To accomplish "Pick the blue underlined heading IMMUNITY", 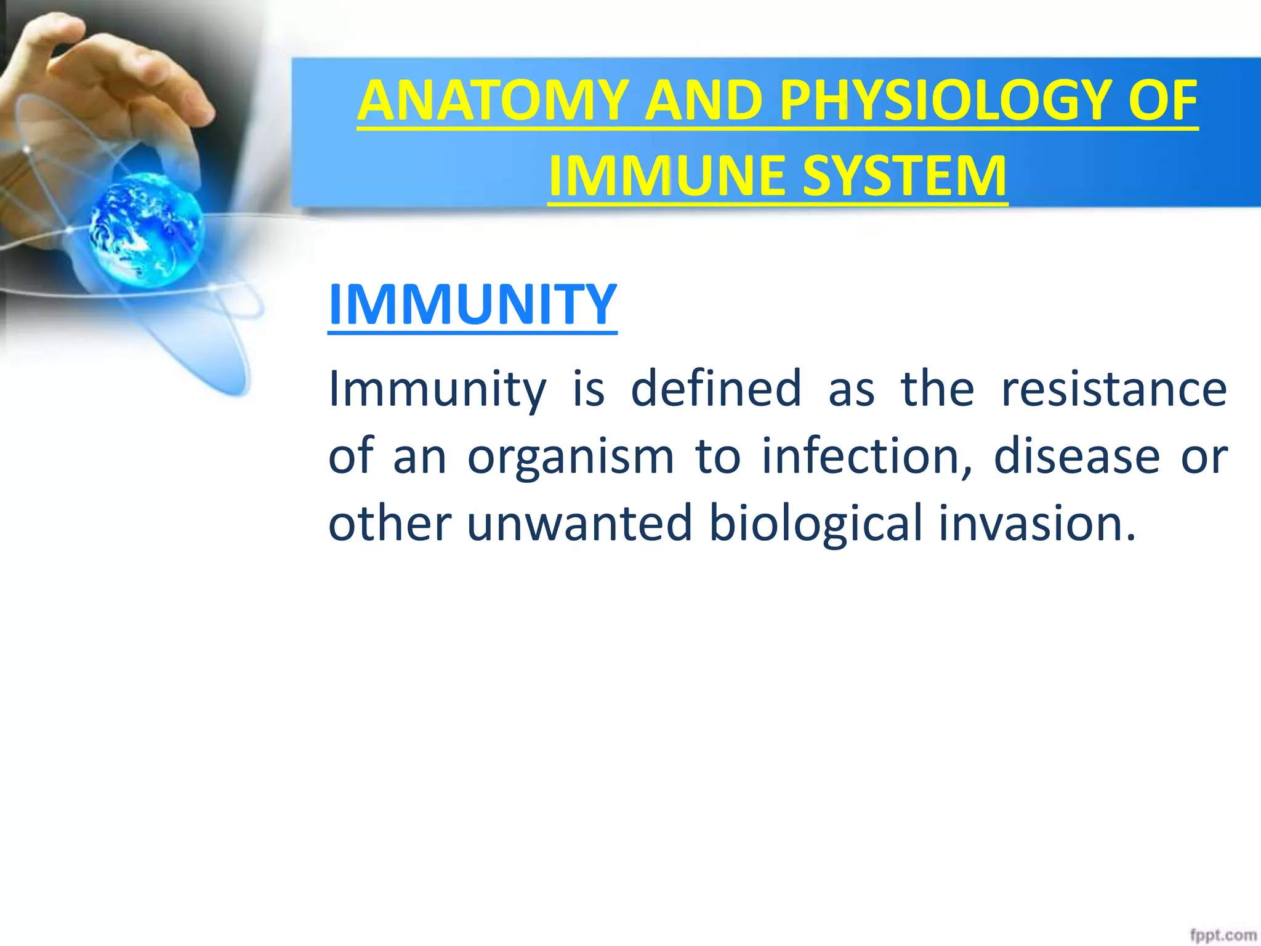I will click(x=472, y=304).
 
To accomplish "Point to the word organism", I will click(x=571, y=457).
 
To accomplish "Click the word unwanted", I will click(x=579, y=523).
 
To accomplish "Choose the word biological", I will click(x=816, y=524).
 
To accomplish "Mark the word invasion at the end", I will click(x=1037, y=523).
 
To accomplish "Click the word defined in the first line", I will click(x=716, y=389).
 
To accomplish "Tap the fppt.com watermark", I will click(x=1222, y=935).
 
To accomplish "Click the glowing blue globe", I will click(x=147, y=228).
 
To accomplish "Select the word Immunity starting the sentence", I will click(x=437, y=390).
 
